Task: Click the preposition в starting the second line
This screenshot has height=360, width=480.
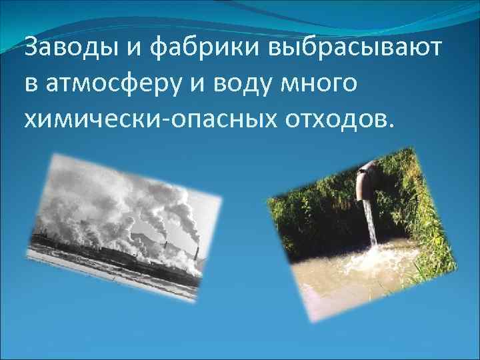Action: (31, 85)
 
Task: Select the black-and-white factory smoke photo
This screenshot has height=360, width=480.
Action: (123, 226)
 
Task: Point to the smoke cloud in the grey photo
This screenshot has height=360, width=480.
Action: (133, 200)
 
